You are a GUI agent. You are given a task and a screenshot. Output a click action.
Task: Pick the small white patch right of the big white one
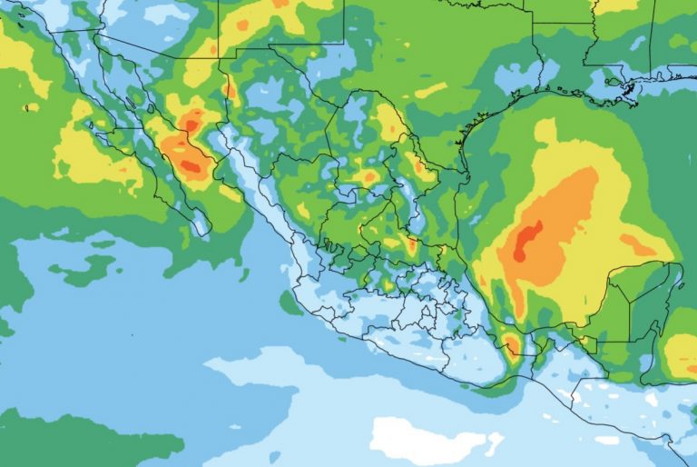[x=494, y=443]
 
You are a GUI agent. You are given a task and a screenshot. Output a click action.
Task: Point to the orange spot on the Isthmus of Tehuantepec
[x=512, y=343]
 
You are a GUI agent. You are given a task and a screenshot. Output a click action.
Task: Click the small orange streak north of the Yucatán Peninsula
[x=636, y=244]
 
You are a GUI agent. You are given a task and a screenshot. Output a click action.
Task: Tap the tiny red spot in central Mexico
[x=411, y=243]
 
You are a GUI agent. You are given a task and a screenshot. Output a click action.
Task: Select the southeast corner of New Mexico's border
[x=344, y=43]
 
